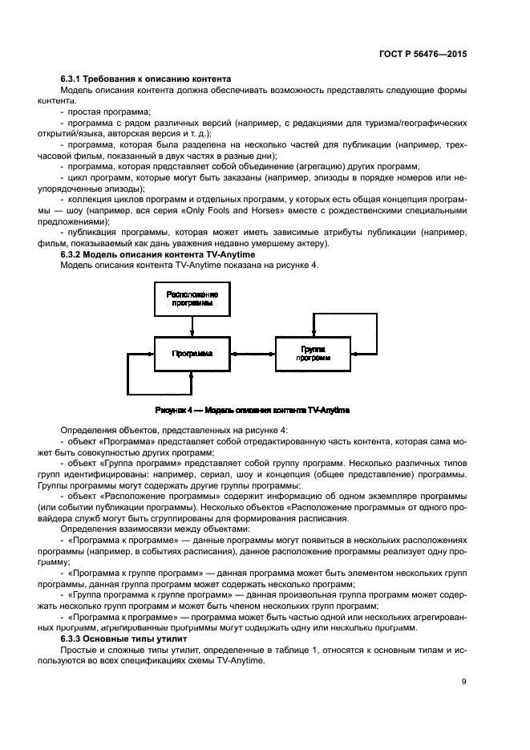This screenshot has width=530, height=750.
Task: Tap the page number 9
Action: pos(463,681)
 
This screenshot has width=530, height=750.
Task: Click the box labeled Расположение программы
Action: pos(192,299)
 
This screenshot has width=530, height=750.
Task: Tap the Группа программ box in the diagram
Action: pos(312,354)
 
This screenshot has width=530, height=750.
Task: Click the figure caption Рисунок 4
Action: pos(252,410)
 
